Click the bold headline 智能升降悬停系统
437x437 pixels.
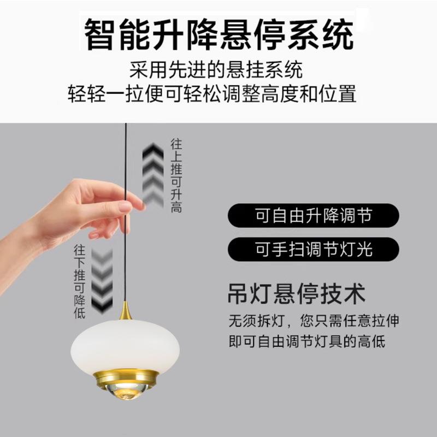pyautogui.click(x=218, y=34)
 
